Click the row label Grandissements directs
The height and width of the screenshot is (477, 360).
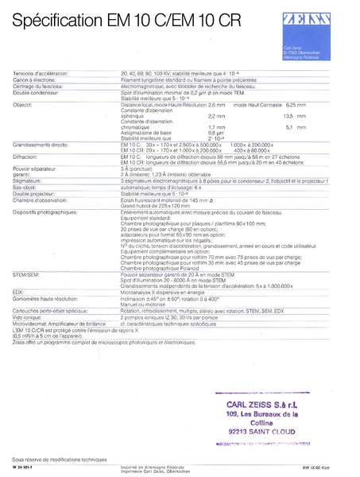click(42, 143)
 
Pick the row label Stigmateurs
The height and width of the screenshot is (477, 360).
click(29, 180)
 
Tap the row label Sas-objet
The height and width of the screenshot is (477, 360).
click(26, 188)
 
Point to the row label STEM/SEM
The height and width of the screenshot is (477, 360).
click(27, 272)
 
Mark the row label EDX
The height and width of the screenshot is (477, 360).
click(19, 290)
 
